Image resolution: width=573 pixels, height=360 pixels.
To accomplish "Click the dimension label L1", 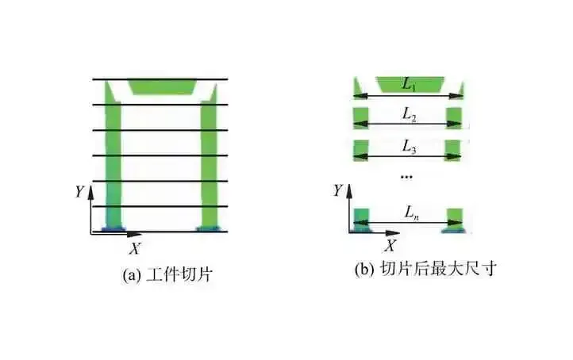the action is tap(408, 83).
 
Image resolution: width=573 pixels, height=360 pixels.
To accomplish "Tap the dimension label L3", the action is tap(409, 147).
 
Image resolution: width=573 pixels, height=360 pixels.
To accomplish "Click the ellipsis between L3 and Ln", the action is tap(407, 176).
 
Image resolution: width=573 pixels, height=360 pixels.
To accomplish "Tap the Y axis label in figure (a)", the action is tap(79, 191).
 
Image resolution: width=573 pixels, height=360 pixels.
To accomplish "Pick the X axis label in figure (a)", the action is tap(135, 248).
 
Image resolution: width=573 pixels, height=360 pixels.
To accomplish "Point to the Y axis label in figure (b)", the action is tap(338, 190).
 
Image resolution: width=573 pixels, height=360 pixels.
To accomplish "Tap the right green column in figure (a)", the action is tap(209, 159).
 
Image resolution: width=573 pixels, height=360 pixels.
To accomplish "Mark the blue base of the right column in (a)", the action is tap(209, 229).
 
